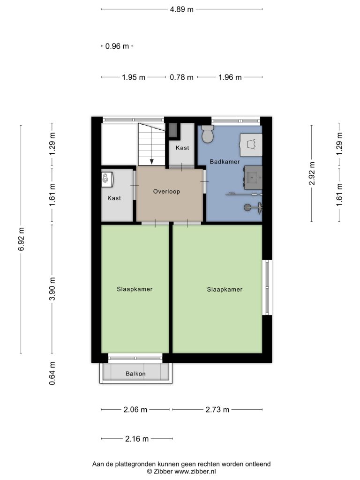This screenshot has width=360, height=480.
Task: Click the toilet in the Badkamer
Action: click(208, 134)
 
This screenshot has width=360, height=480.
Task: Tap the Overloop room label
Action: click(166, 191)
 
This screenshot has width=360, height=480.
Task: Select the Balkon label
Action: click(135, 374)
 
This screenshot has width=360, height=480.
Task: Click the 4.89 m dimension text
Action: click(182, 9)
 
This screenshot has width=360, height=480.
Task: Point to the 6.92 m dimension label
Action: click(21, 239)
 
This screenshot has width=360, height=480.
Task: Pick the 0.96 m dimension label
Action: click(117, 46)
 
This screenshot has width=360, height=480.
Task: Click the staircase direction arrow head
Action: click(151, 162)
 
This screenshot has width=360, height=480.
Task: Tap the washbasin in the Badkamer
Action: click(253, 177)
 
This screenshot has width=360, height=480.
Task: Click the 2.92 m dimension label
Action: click(312, 173)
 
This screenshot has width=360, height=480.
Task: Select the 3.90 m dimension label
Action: click(52, 289)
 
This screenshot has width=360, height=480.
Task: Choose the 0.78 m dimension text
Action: click(181, 77)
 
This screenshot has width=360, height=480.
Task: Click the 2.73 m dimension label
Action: click(217, 410)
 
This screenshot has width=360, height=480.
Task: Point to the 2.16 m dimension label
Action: click(137, 439)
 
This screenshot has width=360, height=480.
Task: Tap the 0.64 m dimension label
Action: click(52, 373)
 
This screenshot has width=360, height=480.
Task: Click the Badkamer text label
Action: click(225, 162)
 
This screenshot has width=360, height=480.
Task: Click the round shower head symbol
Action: click(247, 208)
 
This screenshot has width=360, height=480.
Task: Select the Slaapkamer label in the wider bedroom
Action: click(225, 289)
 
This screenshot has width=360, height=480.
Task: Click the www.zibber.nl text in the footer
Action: click(195, 472)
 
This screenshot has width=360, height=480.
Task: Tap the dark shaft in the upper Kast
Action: click(173, 130)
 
